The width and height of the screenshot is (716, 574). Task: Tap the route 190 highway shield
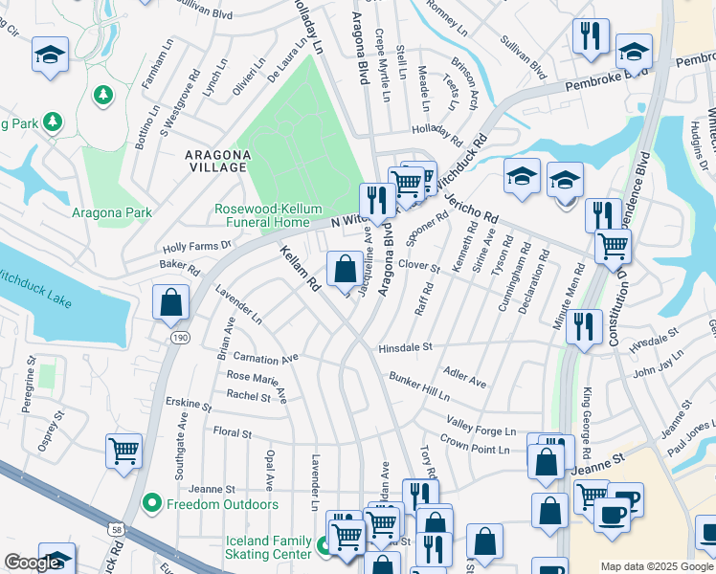coord(180,338)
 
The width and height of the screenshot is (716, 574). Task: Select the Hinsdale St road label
coord(406,348)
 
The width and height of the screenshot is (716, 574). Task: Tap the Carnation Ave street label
coord(265,359)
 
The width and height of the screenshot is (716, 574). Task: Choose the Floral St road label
coord(232,433)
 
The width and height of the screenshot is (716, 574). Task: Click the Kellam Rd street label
coord(301,269)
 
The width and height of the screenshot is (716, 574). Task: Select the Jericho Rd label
coord(471,204)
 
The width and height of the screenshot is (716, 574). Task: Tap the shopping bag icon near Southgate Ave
coord(170,301)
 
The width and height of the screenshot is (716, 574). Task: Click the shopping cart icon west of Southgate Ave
coord(123,450)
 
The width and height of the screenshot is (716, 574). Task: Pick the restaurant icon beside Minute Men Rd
coord(582,325)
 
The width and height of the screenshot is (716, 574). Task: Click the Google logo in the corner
coord(33,563)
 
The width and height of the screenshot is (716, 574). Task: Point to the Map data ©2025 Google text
coord(657,566)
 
